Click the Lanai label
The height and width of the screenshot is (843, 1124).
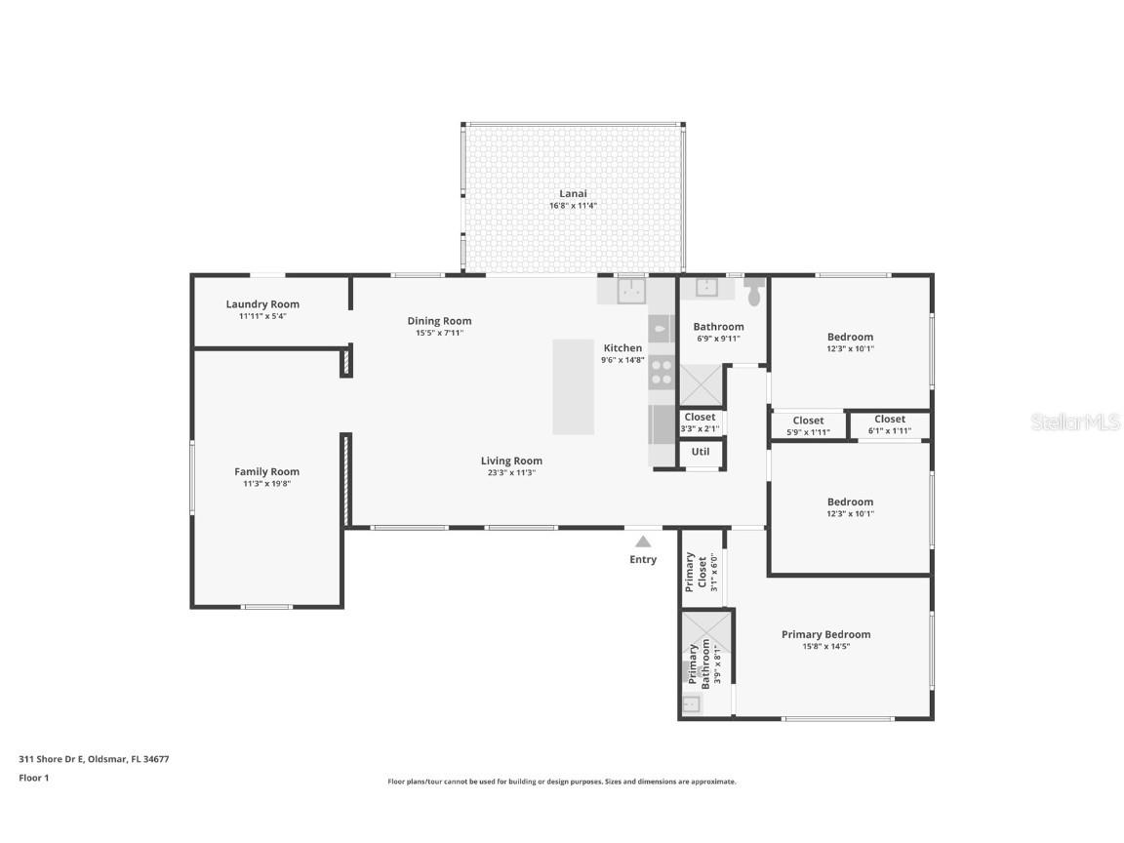pos(573,193)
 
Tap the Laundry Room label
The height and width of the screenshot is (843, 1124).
pos(262,304)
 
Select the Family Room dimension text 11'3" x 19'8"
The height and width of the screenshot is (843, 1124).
pos(266,483)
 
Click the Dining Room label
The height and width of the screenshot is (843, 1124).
pos(439,321)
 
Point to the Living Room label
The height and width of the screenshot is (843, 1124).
pos(511,461)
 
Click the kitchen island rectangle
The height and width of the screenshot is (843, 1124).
pos(573,386)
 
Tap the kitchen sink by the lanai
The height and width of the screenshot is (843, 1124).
pos(631,290)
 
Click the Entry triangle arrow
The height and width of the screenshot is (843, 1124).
pos(643,541)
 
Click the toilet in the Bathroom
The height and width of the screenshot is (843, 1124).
pos(755,291)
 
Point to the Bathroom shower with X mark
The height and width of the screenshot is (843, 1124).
pos(702,384)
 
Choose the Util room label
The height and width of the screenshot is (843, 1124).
pos(701,452)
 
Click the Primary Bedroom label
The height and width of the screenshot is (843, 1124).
pos(825,634)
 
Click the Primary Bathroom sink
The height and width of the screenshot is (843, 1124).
pos(691,703)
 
